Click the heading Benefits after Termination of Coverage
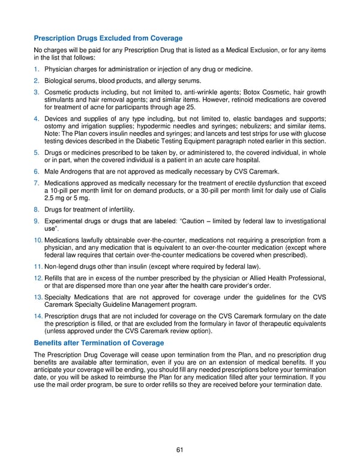point(99,343)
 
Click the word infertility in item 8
point(118,210)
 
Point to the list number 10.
point(38,241)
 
